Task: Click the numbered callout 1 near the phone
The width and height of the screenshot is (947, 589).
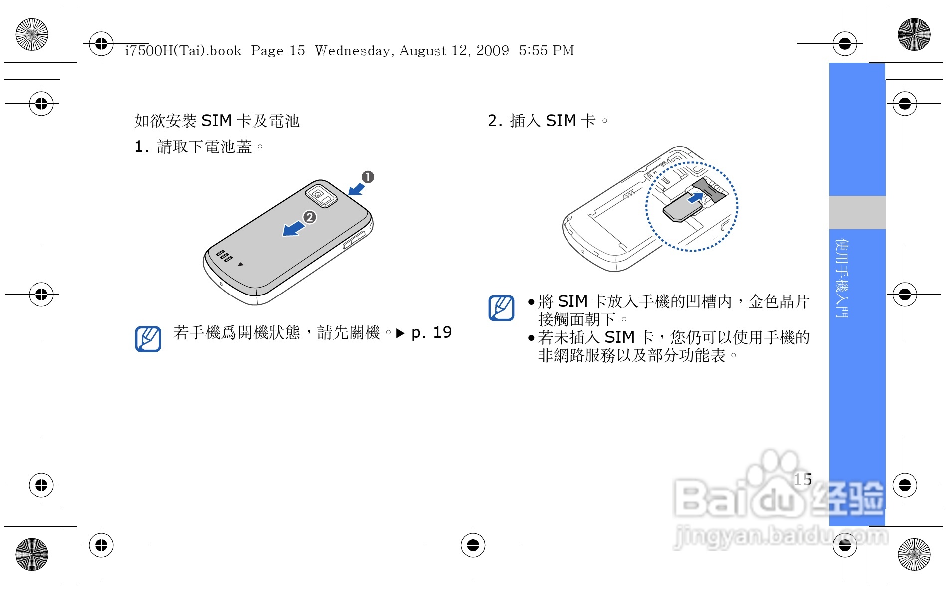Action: click(x=368, y=177)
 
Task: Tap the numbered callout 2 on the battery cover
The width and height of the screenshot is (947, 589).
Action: click(x=310, y=217)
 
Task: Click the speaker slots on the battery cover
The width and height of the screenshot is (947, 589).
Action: click(x=224, y=256)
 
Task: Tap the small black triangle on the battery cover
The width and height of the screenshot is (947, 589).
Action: click(x=241, y=264)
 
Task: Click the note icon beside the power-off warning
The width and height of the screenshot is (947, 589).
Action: click(x=148, y=339)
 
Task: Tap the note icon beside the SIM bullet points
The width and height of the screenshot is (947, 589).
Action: click(x=501, y=308)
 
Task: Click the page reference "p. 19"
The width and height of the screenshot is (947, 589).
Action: click(x=431, y=332)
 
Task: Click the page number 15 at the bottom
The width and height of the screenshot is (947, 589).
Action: click(x=803, y=479)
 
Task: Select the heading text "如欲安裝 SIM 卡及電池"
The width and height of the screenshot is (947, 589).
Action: click(x=217, y=121)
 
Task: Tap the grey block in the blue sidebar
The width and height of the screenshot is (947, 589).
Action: click(x=857, y=212)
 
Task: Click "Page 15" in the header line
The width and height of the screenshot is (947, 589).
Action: click(x=278, y=50)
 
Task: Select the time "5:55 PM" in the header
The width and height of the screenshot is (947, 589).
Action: click(x=547, y=50)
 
